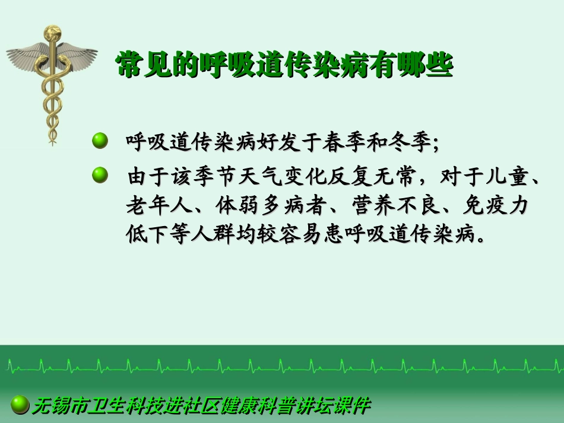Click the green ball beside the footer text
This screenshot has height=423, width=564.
[x=21, y=405]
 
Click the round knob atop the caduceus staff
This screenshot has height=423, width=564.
[x=52, y=31]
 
